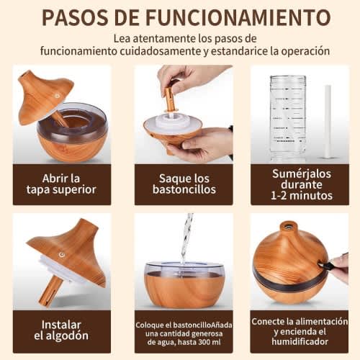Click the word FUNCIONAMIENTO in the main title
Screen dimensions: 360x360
[238, 17]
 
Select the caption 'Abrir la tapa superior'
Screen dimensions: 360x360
[61, 184]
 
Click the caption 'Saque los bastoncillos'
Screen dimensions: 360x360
[184, 184]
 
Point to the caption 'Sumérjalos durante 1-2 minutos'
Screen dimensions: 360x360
[302, 184]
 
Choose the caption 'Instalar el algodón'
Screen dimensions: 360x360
[61, 330]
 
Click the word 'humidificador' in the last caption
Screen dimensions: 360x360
[300, 341]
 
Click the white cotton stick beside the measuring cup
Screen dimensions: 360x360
[328, 122]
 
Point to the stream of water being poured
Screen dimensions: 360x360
[186, 238]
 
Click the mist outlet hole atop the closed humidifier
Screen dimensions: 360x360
[288, 225]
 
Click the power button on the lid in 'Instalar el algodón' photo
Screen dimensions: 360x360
[62, 255]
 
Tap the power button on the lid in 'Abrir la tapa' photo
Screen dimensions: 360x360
[57, 96]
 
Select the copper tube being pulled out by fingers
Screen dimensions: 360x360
[170, 99]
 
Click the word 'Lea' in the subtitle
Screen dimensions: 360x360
[122, 38]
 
